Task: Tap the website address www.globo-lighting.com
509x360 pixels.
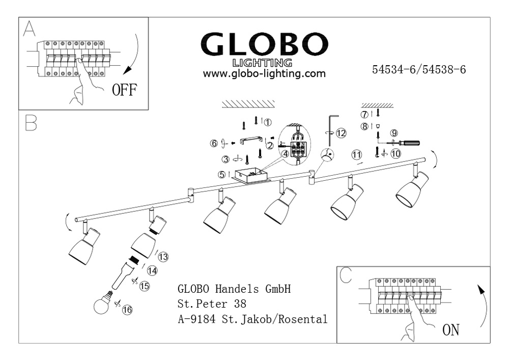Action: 264,74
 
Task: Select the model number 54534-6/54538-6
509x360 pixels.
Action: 419,70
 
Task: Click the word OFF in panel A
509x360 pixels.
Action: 124,90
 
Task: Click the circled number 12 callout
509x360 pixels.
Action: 341,133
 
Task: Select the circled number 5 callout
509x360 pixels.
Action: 222,174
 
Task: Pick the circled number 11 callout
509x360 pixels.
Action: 356,154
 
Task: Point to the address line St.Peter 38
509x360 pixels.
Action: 212,304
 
